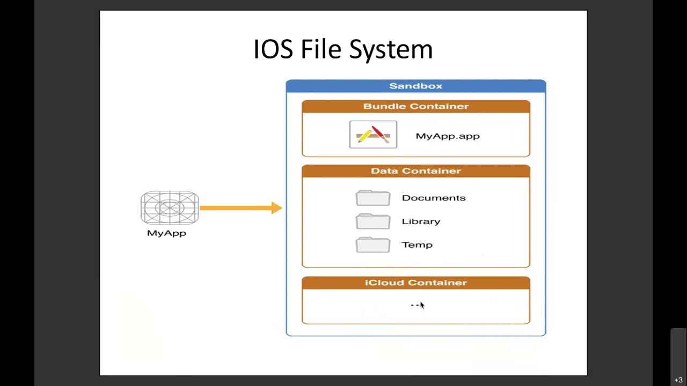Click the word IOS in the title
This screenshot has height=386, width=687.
pos(273,49)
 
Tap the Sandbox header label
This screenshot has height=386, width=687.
pos(416,86)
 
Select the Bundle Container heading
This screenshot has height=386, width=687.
pos(416,106)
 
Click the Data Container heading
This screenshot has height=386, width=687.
pos(416,171)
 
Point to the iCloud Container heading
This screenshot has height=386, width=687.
pos(416,283)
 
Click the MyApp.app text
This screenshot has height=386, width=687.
pos(448,136)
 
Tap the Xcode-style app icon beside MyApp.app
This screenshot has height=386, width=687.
pos(373,134)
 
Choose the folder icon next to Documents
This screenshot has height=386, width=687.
pos(373,198)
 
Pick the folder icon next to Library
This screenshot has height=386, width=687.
pos(373,221)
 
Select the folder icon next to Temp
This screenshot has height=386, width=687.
pos(373,245)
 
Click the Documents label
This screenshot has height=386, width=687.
pos(434,198)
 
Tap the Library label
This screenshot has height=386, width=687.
pos(421,221)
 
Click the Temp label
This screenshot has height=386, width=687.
pos(417,245)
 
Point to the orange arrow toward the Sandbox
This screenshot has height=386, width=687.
pos(240,208)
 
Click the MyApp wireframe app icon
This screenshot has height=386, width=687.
pos(170,208)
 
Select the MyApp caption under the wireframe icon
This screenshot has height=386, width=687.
pos(166,233)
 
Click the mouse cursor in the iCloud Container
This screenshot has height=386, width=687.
pos(422,305)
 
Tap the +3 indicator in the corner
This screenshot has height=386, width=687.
pos(678,380)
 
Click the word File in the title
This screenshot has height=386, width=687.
pos(321,49)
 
